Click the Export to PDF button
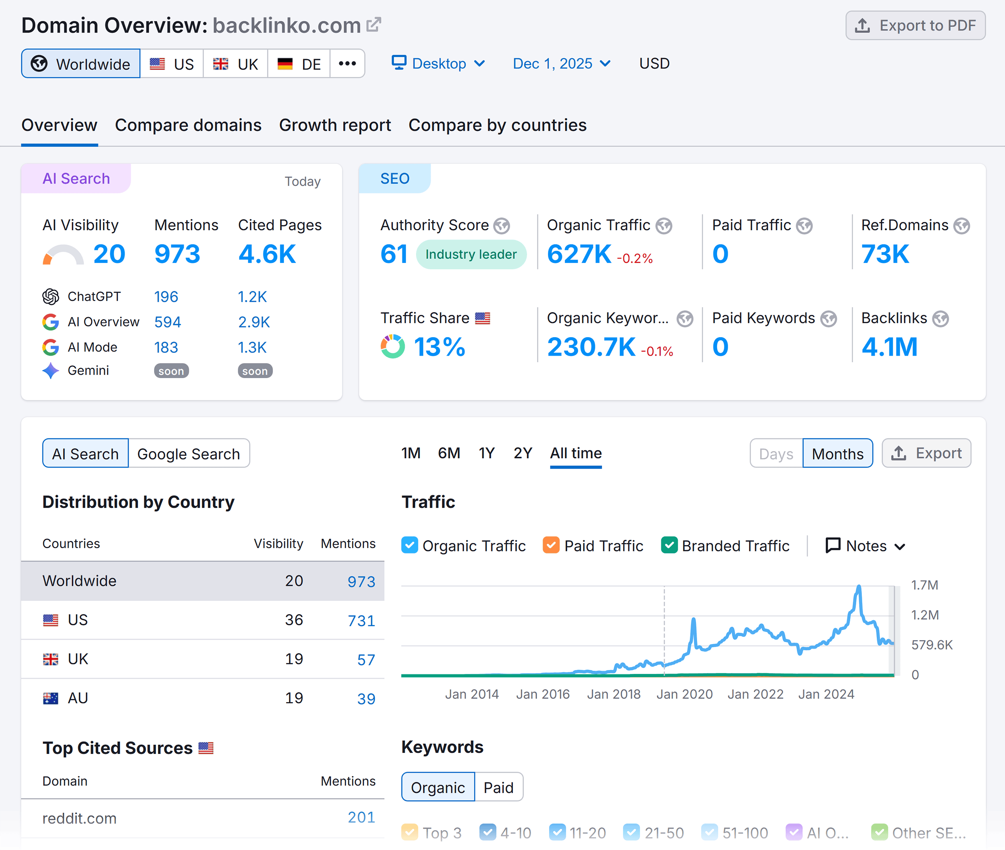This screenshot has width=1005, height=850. pyautogui.click(x=915, y=26)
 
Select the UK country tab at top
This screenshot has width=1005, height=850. pyautogui.click(x=236, y=64)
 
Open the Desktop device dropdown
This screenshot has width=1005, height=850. pyautogui.click(x=438, y=63)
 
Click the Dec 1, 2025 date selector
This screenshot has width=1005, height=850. pyautogui.click(x=562, y=63)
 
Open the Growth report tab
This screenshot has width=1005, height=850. pyautogui.click(x=335, y=125)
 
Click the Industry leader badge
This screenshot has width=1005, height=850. pyautogui.click(x=470, y=254)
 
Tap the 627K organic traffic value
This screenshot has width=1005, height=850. pyautogui.click(x=579, y=254)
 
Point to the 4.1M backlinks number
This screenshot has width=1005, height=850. pyautogui.click(x=889, y=347)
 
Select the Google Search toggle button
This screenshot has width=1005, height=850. pyautogui.click(x=189, y=454)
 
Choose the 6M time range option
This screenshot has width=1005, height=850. pyautogui.click(x=449, y=453)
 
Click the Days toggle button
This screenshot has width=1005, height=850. pyautogui.click(x=776, y=454)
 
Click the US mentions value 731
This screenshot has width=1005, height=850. pyautogui.click(x=361, y=621)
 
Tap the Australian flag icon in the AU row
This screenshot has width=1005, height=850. pyautogui.click(x=51, y=698)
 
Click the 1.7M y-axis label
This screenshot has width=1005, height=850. pyautogui.click(x=925, y=585)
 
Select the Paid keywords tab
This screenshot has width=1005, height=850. pyautogui.click(x=498, y=787)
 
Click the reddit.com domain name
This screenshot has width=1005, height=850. pyautogui.click(x=80, y=818)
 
